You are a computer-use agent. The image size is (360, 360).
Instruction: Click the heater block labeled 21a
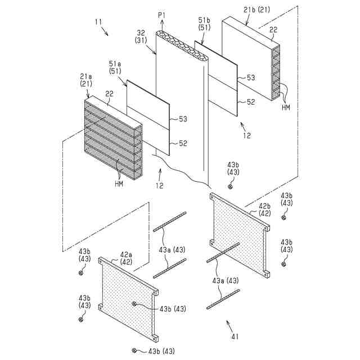pos(112,141)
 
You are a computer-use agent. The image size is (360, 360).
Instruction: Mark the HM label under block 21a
pos(120,183)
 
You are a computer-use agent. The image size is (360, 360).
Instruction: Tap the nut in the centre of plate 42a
pos(134,304)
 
